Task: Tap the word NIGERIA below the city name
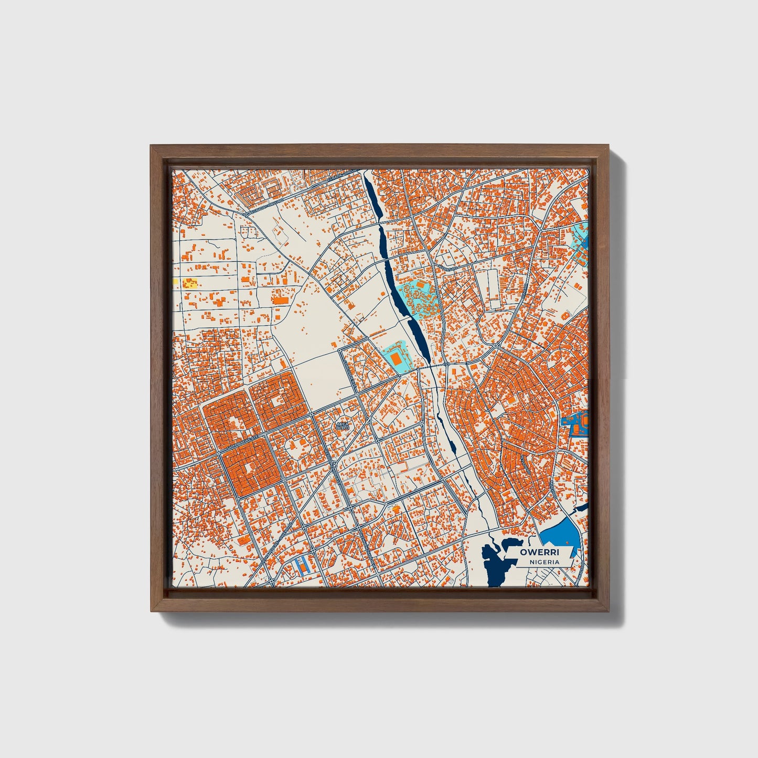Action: [544, 562]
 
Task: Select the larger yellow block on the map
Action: [190, 284]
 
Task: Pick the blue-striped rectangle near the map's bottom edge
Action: [302, 564]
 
